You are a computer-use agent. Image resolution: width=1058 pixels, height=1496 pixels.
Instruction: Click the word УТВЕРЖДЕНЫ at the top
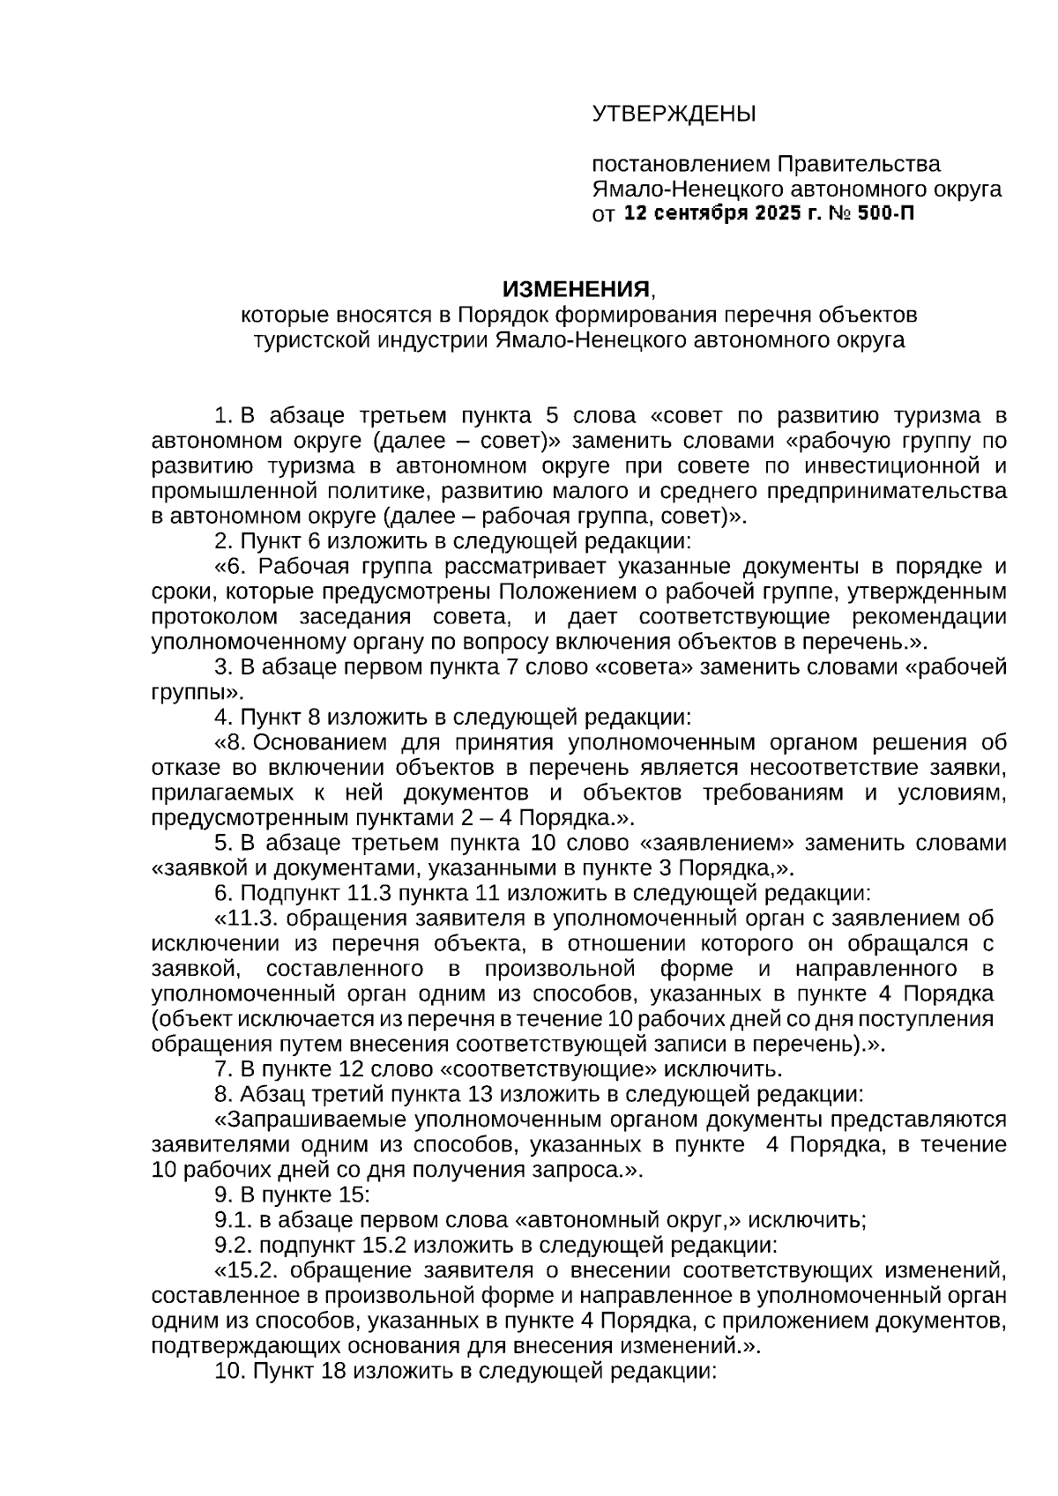coord(674,114)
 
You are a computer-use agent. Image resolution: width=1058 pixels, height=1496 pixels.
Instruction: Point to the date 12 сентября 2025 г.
coord(720,214)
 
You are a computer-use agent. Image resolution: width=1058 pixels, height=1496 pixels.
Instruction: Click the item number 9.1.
coord(232,1221)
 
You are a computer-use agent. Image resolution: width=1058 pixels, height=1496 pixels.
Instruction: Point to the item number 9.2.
coord(232,1246)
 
